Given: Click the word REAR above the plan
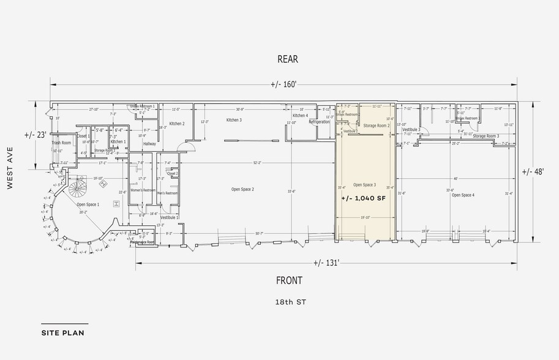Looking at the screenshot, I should pos(287,59).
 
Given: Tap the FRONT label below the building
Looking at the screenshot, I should pos(290,280).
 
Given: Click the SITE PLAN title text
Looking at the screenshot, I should pos(62,334).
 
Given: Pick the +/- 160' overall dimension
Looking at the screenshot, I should pos(283,84).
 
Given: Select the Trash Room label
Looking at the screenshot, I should pos(62,143).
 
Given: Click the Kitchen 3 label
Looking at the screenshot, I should pos(234,120).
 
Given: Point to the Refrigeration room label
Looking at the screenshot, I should pos(319,122).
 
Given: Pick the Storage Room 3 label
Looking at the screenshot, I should pos(486,136).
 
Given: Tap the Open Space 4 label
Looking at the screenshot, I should pos(463,195).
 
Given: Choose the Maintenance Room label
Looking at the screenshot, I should pos(143,242).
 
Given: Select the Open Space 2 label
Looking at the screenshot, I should pos(243,189).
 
